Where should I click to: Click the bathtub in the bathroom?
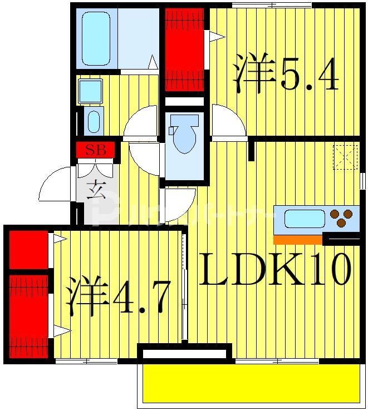click(96, 37)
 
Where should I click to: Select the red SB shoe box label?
click(95, 150)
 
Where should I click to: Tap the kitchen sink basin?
click(304, 219)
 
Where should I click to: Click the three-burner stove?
click(342, 218)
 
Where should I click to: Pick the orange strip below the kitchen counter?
click(298, 240)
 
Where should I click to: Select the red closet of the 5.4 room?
click(184, 50)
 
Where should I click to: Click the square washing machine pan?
click(90, 91)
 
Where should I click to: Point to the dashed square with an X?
click(345, 156)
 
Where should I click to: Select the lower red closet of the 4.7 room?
click(28, 314)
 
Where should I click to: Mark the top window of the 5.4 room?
click(271, 5)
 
